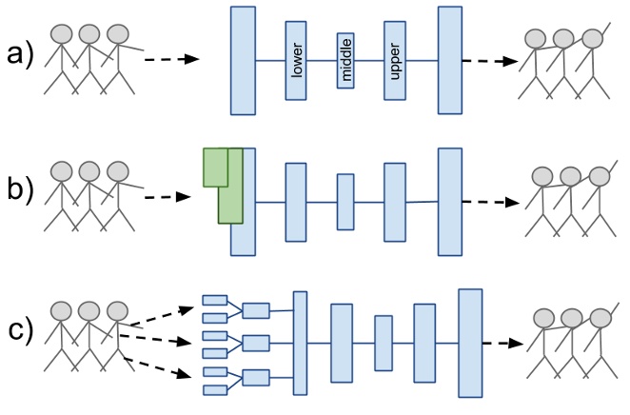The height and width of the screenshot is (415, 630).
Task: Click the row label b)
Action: (18, 195)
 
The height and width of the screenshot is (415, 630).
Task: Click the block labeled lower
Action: (295, 61)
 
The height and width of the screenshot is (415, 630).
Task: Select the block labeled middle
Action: (345, 61)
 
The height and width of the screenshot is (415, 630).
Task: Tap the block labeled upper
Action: (396, 61)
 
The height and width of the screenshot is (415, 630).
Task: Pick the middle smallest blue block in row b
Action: (345, 202)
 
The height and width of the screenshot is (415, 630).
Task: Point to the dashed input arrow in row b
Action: (170, 200)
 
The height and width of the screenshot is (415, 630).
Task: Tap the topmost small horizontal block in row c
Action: (214, 302)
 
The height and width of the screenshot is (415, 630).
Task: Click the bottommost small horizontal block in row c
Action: (214, 387)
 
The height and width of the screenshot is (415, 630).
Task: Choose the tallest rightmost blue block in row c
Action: (471, 342)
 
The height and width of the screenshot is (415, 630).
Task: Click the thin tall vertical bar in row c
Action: (300, 343)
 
